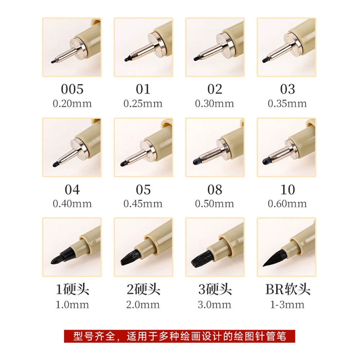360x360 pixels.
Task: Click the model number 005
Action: [72, 89]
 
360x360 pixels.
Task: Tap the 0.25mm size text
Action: [143, 104]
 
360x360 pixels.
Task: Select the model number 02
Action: [215, 89]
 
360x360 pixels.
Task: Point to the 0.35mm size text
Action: [287, 104]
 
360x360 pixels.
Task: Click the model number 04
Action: [72, 190]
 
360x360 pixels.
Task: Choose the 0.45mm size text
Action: [143, 204]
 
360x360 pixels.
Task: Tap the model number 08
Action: [215, 190]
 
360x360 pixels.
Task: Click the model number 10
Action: [287, 190]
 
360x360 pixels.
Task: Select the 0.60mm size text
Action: [287, 204]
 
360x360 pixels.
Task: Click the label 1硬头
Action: [72, 289]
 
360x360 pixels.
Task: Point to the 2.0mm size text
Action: [143, 305]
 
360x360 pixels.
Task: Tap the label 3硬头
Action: [215, 289]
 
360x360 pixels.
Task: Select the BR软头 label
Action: [288, 289]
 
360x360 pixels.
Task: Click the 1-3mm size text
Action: [287, 305]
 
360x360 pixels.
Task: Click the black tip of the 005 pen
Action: [54, 62]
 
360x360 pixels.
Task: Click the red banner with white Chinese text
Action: [180, 336]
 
